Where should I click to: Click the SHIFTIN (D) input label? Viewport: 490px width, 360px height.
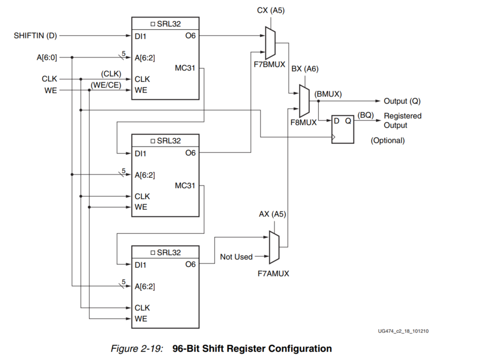tap(36, 36)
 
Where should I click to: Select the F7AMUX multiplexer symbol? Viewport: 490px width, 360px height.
tap(274, 247)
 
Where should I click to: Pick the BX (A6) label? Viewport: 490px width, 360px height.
tap(304, 69)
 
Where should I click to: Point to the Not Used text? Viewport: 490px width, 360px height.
tap(236, 257)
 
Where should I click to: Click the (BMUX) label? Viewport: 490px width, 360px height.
tap(328, 93)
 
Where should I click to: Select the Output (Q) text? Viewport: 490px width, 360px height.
tap(402, 101)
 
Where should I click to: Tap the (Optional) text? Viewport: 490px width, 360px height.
tap(388, 140)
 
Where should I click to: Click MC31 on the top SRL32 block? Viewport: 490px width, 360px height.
tap(186, 68)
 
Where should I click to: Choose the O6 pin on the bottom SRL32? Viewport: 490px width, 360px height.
tap(190, 264)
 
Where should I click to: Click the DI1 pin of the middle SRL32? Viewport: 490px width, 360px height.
tap(140, 153)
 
